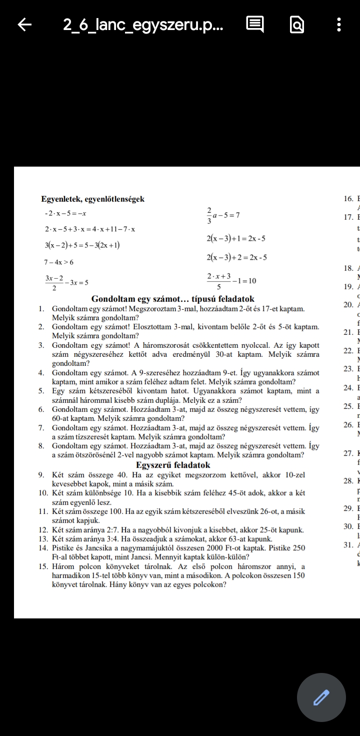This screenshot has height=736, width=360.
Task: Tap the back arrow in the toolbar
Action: pyautogui.click(x=25, y=25)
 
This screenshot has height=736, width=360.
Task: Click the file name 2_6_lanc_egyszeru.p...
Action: pyautogui.click(x=143, y=25)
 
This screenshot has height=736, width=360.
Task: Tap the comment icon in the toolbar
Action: pyautogui.click(x=255, y=25)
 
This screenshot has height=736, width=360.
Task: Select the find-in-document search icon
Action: pyautogui.click(x=296, y=25)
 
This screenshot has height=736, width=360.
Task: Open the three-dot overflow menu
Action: pyautogui.click(x=339, y=25)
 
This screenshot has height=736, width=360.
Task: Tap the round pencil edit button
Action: pyautogui.click(x=321, y=697)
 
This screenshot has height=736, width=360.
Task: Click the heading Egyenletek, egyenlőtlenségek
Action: pyautogui.click(x=93, y=199)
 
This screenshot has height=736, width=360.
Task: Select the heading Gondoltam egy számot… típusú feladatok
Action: pyautogui.click(x=173, y=299)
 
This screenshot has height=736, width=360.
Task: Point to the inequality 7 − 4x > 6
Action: pyautogui.click(x=59, y=262)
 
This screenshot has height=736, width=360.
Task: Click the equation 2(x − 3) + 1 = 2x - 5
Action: pyautogui.click(x=235, y=239)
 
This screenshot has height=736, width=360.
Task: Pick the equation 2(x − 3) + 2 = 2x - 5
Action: pyautogui.click(x=236, y=257)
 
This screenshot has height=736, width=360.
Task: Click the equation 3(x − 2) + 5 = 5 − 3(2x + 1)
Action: pyautogui.click(x=82, y=245)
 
